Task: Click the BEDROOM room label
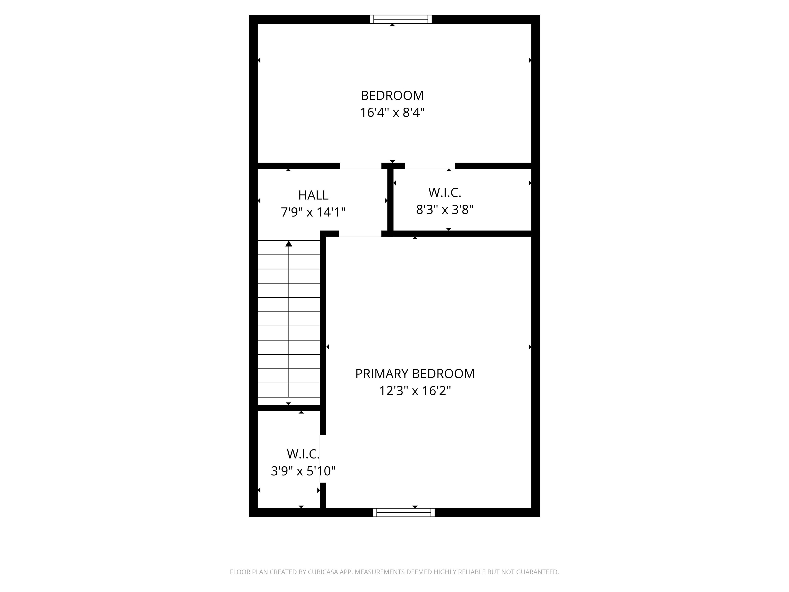[x=392, y=96]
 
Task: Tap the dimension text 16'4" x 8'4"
[x=392, y=113]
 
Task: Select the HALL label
[x=313, y=195]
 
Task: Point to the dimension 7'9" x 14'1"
[x=313, y=212]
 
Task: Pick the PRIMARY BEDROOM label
[x=415, y=374]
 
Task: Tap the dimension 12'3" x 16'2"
[x=415, y=391]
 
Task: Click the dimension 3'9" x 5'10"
[x=303, y=471]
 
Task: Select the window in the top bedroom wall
[x=401, y=19]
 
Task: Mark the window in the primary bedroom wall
[x=404, y=512]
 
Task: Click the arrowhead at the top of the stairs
[x=289, y=244]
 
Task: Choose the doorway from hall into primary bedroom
[x=360, y=234]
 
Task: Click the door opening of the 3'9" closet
[x=323, y=459]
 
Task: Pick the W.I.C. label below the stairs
[x=303, y=454]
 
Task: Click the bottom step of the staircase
[x=289, y=390]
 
